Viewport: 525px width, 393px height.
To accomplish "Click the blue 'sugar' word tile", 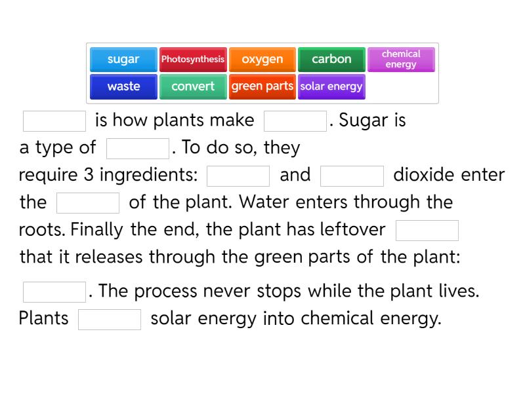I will click(x=123, y=59).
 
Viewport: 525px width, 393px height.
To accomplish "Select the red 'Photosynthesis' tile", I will click(x=193, y=59).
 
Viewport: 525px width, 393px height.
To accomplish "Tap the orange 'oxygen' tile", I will click(x=262, y=59).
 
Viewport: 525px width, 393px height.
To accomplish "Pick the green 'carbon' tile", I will click(x=331, y=59).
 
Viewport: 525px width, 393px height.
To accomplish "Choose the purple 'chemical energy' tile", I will click(x=401, y=59).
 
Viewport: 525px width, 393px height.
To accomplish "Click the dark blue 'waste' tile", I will click(x=123, y=86).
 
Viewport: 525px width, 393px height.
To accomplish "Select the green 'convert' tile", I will click(x=193, y=86).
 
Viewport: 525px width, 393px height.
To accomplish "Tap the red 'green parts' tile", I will click(x=262, y=86).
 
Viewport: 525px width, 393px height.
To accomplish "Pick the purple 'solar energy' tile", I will click(x=331, y=86).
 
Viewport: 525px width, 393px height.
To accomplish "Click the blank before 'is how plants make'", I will click(x=54, y=121).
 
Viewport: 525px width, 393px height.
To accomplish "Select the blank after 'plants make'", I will click(x=295, y=121).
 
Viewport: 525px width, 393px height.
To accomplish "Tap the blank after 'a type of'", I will click(x=138, y=149).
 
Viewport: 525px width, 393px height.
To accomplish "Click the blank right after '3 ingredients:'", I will click(x=238, y=176).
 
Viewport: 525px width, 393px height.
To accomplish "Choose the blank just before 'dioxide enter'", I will click(x=352, y=176).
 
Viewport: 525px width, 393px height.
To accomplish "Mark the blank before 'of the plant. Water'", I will click(x=88, y=203).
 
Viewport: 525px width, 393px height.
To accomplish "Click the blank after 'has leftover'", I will click(x=427, y=231).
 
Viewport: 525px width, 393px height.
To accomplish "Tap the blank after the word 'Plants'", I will click(x=110, y=320).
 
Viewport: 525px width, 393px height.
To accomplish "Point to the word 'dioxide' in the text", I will click(x=424, y=176).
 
